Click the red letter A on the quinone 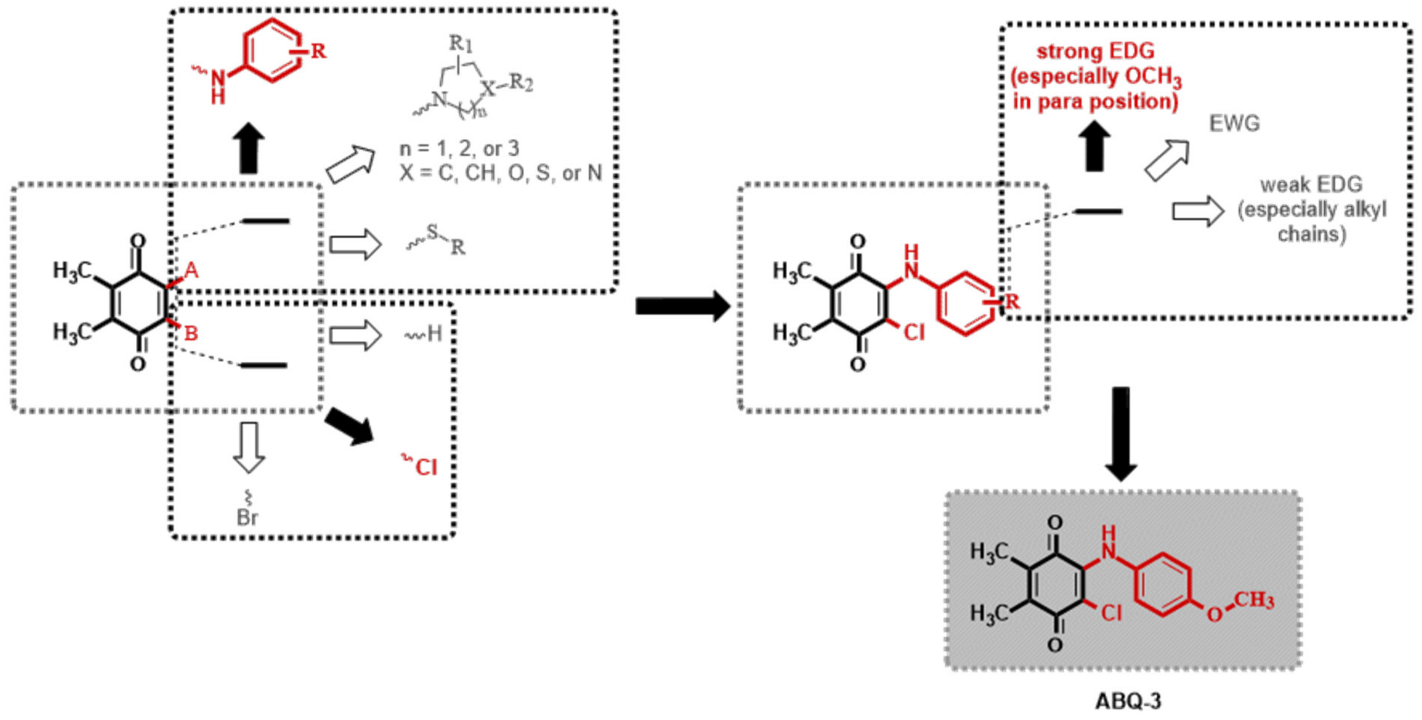191,271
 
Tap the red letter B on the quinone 191,333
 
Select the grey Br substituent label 247,517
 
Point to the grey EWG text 1234,124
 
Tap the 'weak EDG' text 1311,185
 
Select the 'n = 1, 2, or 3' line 459,148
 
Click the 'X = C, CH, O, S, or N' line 501,173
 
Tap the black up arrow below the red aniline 248,148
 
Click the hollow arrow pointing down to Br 249,447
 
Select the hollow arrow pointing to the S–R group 355,245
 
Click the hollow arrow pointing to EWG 1167,160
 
